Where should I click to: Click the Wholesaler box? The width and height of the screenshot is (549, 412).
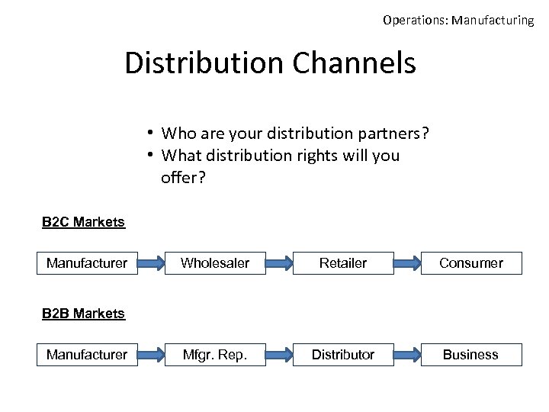[x=215, y=263]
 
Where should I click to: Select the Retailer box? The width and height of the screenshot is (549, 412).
[x=343, y=263]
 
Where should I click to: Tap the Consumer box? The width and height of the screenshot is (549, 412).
[x=471, y=263]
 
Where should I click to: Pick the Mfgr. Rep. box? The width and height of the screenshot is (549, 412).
[x=215, y=355]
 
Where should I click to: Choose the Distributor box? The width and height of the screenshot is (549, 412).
[x=343, y=355]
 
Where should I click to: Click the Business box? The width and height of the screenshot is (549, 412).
[x=471, y=355]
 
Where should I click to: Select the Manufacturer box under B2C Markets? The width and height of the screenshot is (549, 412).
[x=87, y=263]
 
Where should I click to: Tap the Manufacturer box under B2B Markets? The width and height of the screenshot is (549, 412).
[x=87, y=355]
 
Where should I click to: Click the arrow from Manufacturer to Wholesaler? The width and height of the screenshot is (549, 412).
[x=152, y=264]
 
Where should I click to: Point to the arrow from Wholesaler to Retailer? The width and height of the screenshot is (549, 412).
[x=280, y=264]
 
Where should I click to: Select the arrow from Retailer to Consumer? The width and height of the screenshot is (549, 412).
[x=408, y=264]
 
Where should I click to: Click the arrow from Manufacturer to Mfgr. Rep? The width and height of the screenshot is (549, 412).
[x=152, y=356]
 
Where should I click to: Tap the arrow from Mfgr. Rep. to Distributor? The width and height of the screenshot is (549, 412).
[x=280, y=356]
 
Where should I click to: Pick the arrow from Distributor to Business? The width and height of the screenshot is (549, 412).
[x=408, y=356]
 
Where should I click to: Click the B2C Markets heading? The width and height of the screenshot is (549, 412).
[x=83, y=222]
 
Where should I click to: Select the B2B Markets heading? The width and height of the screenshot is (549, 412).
[x=83, y=314]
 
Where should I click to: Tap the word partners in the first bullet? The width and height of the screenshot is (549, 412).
[x=391, y=134]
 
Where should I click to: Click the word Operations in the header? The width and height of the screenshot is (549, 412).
[x=415, y=21]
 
